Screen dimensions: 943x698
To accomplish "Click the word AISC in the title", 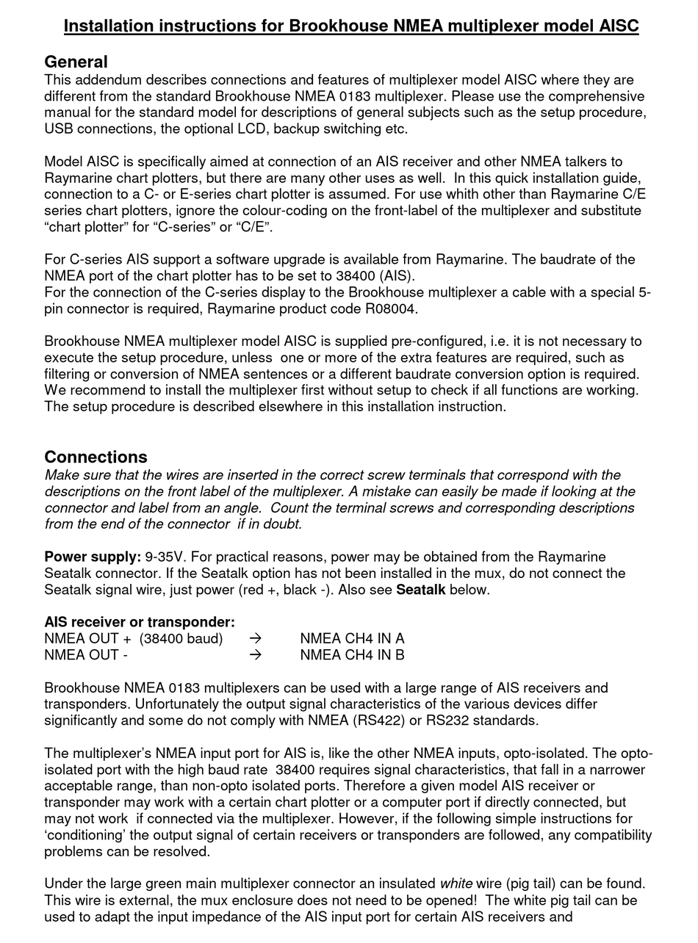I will point(615,26).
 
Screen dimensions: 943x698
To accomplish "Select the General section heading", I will point(76,62).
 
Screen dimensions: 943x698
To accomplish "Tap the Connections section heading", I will point(96,457).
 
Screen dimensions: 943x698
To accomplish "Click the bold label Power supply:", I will point(93,557).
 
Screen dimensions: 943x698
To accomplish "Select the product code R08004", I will point(390,308).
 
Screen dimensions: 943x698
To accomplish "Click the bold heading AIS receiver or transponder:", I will point(140,622).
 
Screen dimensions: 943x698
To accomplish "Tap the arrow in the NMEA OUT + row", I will point(255,638).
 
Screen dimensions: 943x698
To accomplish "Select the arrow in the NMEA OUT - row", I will point(255,654).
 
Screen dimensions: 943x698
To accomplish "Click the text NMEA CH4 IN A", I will point(352,638).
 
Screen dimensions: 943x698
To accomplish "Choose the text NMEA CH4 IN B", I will point(352,654).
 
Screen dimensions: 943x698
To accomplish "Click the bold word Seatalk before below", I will point(420,590).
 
